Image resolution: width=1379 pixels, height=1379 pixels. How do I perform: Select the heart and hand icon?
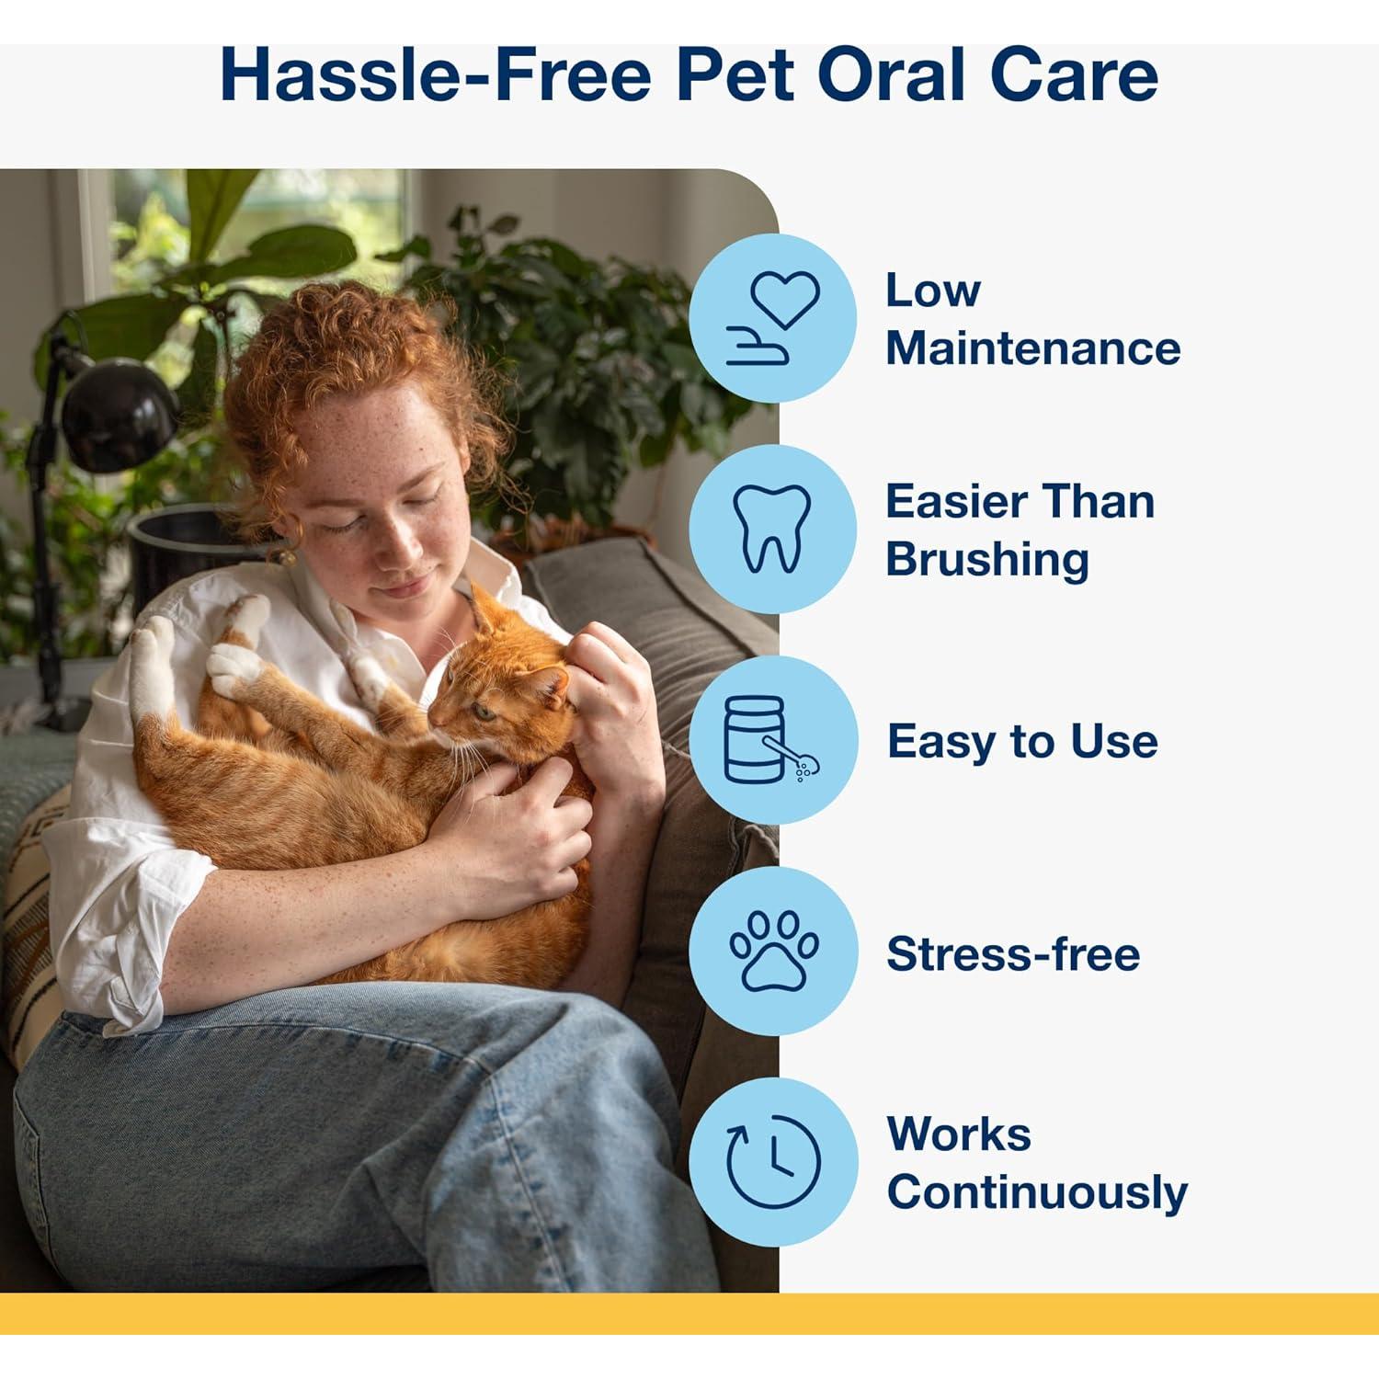pyautogui.click(x=773, y=318)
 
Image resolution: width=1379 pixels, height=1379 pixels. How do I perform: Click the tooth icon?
pyautogui.click(x=773, y=530)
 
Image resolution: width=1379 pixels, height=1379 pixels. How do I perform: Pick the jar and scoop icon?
pyautogui.click(x=773, y=741)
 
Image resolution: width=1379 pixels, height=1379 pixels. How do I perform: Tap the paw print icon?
pyautogui.click(x=773, y=951)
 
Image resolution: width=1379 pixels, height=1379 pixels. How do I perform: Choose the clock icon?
pyautogui.click(x=773, y=1162)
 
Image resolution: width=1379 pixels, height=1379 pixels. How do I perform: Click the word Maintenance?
pyautogui.click(x=1032, y=348)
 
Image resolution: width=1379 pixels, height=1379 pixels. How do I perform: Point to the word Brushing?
pyautogui.click(x=987, y=560)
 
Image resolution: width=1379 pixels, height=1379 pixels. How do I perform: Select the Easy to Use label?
pyautogui.click(x=1022, y=741)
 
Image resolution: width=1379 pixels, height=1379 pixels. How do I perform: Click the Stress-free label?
pyautogui.click(x=1013, y=953)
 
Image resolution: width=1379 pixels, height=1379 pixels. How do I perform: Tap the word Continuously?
pyautogui.click(x=1037, y=1192)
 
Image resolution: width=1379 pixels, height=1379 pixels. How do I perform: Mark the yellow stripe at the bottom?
pyautogui.click(x=689, y=1313)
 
